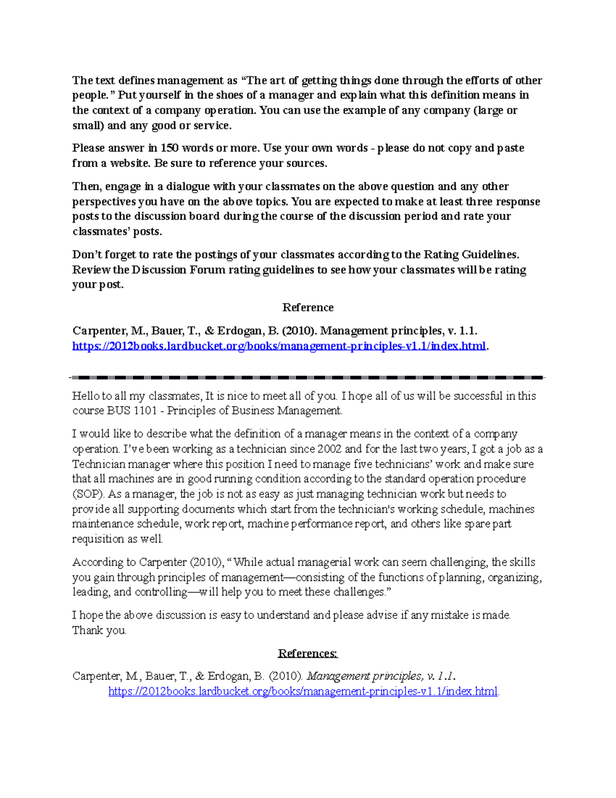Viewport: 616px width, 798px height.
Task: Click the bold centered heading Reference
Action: pos(307,307)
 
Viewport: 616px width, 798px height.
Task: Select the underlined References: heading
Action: pos(307,653)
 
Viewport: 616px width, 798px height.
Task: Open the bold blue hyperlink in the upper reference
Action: pos(279,346)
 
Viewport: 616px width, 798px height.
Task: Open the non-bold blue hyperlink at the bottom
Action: pos(303,691)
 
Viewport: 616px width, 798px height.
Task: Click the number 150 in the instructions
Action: pos(169,148)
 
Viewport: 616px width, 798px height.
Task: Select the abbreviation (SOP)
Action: pos(88,494)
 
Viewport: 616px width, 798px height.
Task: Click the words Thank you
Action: pos(99,630)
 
